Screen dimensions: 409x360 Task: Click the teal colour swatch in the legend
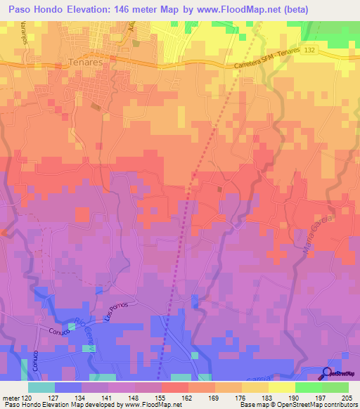41,387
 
